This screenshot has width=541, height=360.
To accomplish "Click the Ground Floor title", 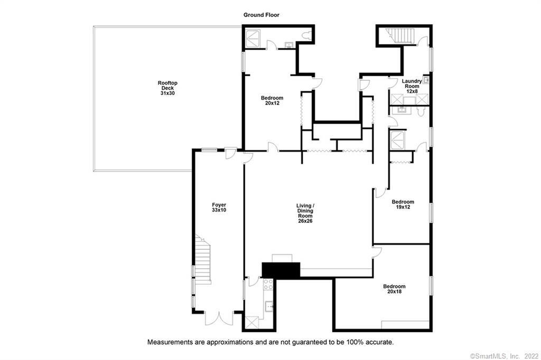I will [261, 15].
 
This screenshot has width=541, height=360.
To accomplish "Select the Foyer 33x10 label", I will [219, 207].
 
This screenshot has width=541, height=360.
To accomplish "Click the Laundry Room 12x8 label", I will [412, 86].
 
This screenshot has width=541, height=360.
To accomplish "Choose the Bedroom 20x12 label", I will [272, 100].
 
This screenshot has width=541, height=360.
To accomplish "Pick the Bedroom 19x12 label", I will [403, 204].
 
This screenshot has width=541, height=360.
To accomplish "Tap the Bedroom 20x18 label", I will [394, 289].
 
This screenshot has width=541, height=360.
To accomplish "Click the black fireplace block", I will [281, 270].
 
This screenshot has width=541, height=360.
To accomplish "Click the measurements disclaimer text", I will [270, 342].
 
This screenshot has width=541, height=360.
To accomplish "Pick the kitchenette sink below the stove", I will [268, 304].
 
